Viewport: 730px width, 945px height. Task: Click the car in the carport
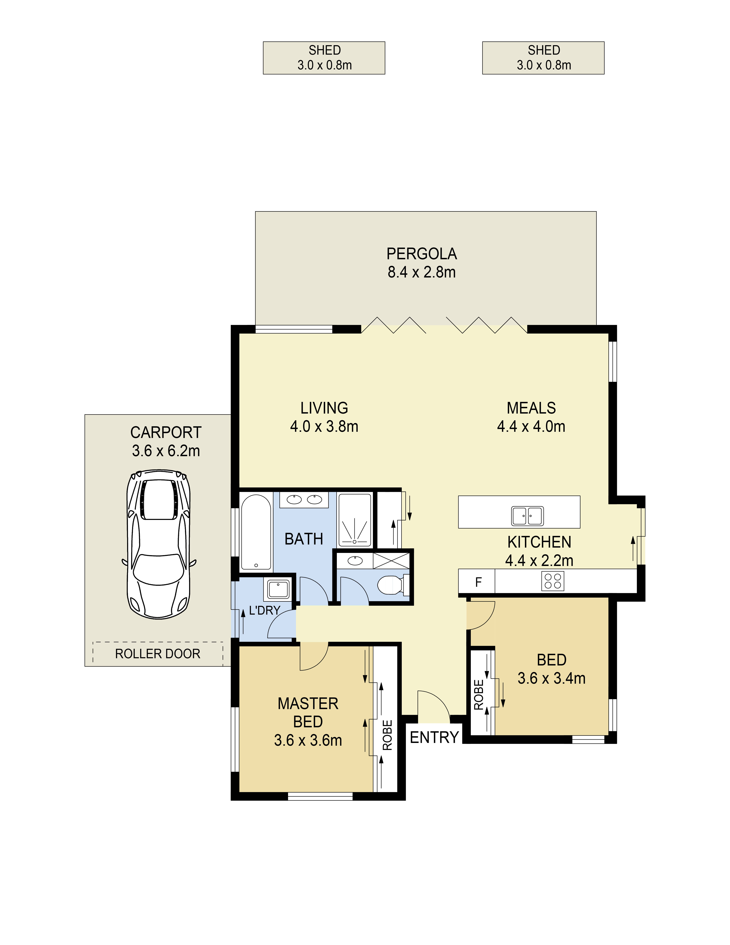[159, 544]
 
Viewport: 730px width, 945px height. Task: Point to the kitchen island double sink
[528, 516]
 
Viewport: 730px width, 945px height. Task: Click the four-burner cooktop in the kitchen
[553, 581]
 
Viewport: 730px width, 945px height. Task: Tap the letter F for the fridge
[478, 582]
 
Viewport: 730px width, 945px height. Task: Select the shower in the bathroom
[355, 520]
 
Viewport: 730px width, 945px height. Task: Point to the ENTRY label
[434, 737]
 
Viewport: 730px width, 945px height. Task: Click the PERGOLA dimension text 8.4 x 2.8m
[422, 272]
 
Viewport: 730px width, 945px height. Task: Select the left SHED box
[324, 58]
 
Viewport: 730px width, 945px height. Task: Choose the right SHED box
[543, 58]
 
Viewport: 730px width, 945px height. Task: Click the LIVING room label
[324, 408]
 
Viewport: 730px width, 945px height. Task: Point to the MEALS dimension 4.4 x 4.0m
[531, 427]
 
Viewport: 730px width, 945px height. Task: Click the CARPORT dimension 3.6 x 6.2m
[166, 451]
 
